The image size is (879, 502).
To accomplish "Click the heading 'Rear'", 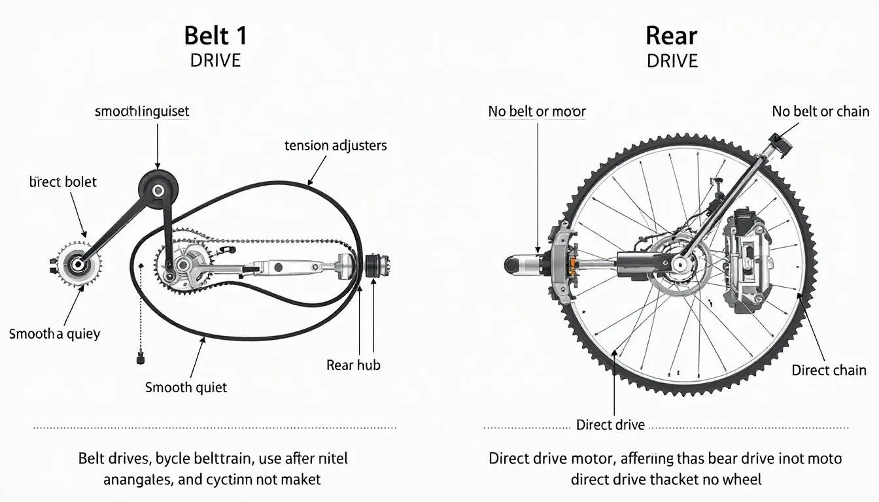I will [x=672, y=35].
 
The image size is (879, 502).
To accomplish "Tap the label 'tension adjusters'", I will [x=336, y=145].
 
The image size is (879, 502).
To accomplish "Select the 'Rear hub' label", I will [x=353, y=365].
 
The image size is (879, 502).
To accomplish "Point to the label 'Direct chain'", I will [x=829, y=370].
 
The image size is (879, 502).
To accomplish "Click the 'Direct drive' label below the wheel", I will [x=610, y=425].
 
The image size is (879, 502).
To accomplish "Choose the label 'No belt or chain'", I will [x=820, y=111].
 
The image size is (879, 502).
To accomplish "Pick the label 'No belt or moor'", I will [x=537, y=111].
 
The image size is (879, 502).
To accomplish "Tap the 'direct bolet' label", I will [x=63, y=182].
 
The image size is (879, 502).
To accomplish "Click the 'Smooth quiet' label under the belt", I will [x=186, y=387].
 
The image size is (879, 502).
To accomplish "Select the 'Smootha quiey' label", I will [x=54, y=333].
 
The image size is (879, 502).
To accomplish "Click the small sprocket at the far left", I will [x=79, y=264].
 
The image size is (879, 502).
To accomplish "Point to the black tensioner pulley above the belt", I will [x=158, y=190].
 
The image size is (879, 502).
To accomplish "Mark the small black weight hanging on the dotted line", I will [x=139, y=358].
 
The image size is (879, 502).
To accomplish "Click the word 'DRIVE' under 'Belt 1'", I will [x=215, y=61].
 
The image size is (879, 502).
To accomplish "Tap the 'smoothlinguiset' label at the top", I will [x=142, y=111].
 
